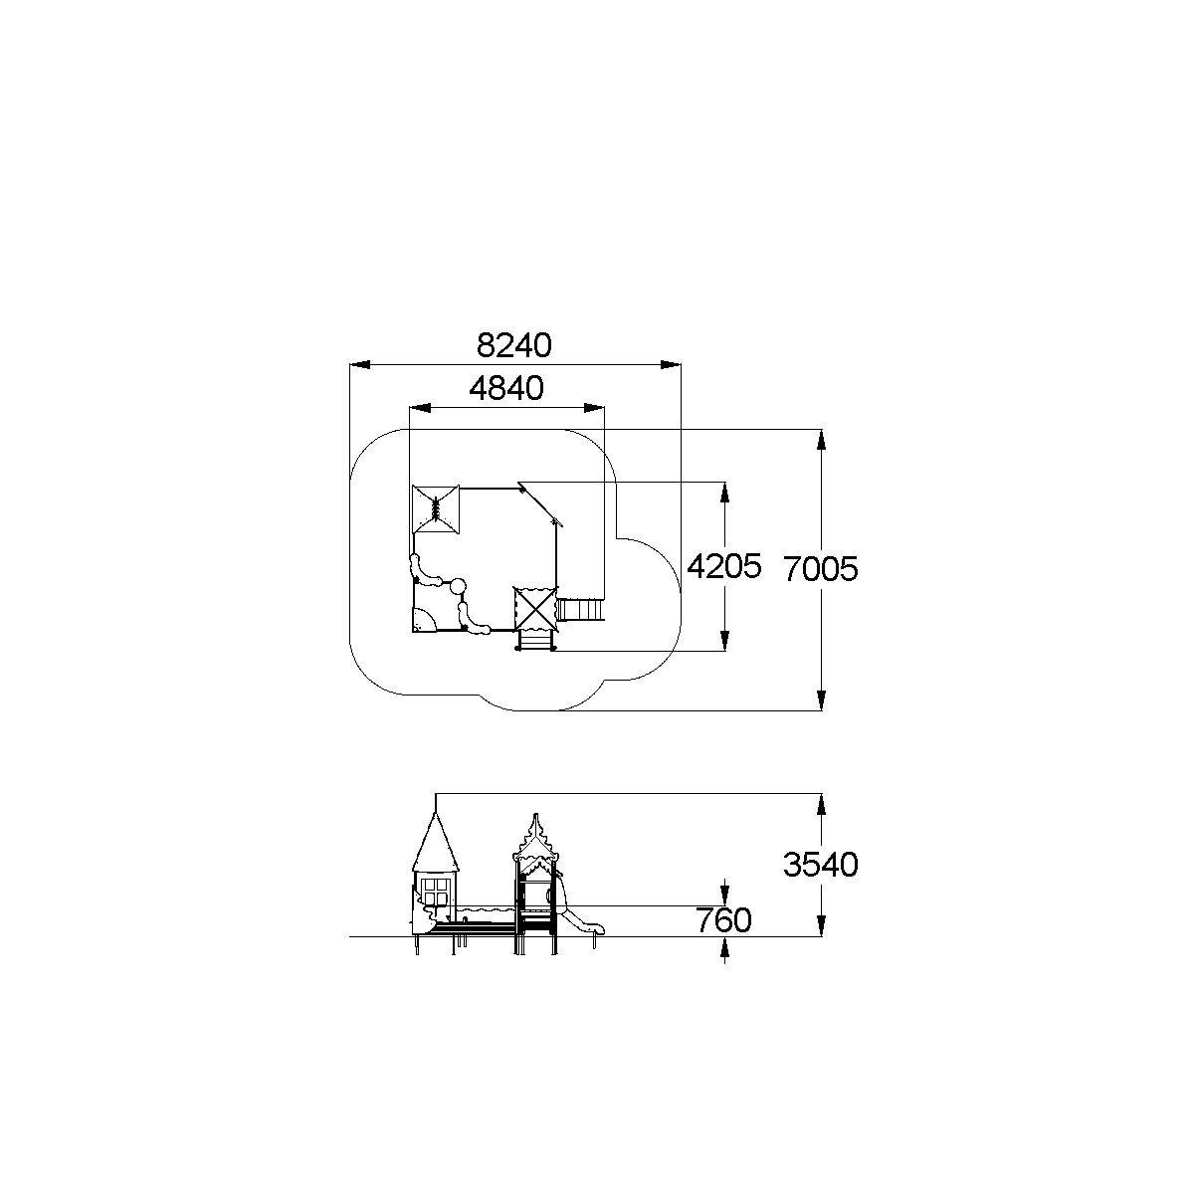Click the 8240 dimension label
point(513,345)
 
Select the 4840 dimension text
point(506,389)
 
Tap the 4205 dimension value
point(723,566)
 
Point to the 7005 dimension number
point(821,569)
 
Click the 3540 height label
point(821,865)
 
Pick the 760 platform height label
point(723,920)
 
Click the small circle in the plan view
point(458,585)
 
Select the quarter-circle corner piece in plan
point(424,619)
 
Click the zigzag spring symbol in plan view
point(436,509)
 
